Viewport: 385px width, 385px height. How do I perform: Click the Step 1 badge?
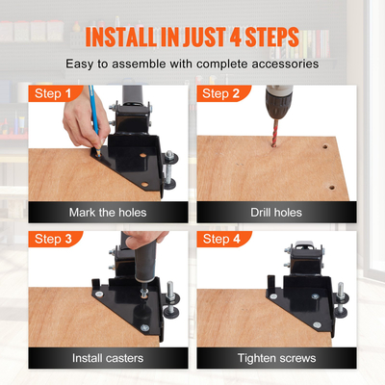tap(53, 93)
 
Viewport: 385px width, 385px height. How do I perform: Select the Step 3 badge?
tap(53, 238)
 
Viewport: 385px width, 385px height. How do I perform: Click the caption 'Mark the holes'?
tap(108, 212)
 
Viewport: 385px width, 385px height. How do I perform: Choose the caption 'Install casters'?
tap(108, 358)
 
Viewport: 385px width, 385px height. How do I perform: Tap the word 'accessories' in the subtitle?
tap(286, 65)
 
